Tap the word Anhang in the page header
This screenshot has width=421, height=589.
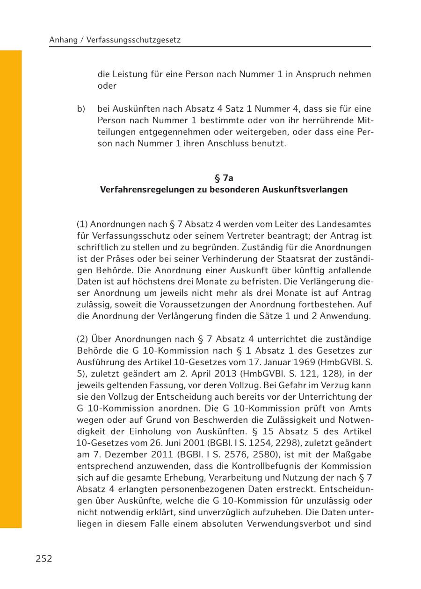pyautogui.click(x=64, y=40)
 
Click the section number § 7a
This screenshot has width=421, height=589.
pyautogui.click(x=224, y=178)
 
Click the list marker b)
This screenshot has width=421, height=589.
pyautogui.click(x=81, y=109)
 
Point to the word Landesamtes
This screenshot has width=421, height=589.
pyautogui.click(x=343, y=224)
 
